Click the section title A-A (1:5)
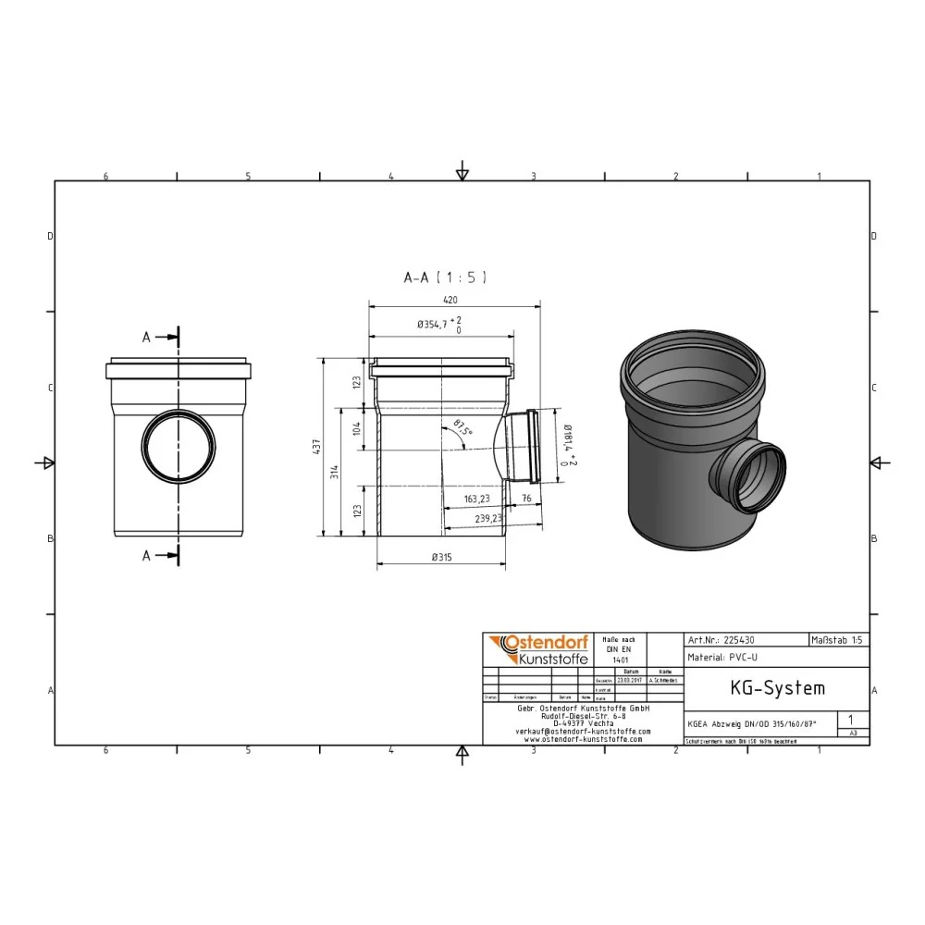[445, 277]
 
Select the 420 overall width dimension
[450, 300]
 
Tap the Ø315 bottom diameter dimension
[442, 557]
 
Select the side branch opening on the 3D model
[749, 475]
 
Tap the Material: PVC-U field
[723, 658]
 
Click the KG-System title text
[764, 688]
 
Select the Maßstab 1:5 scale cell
[838, 639]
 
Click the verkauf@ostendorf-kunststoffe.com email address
[583, 731]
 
